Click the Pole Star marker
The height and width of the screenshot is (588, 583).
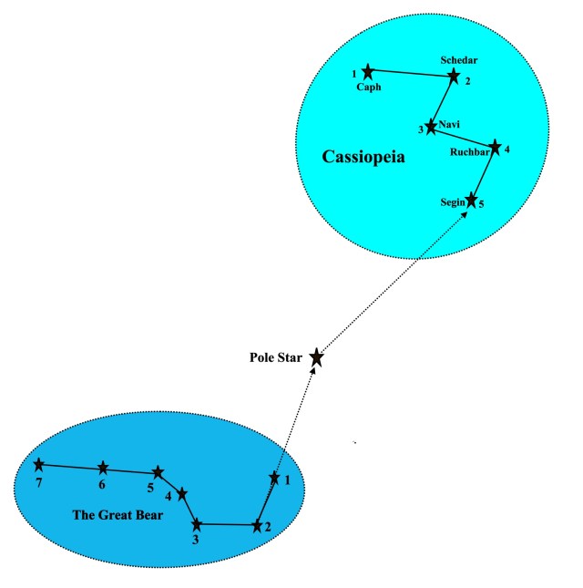point(316,357)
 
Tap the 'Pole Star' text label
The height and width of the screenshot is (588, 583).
point(276,356)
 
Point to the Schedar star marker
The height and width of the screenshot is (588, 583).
point(454,76)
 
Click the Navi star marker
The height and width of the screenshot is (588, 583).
point(431,128)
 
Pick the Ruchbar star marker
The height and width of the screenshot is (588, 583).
point(495,146)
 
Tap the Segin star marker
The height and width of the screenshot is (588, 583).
point(471,200)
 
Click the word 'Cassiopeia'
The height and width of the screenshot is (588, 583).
point(363,158)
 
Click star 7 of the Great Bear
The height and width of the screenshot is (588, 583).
point(38,465)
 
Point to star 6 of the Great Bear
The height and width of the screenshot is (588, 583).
point(103,469)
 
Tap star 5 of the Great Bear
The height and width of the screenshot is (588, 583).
point(158,472)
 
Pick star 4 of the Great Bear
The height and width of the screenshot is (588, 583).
point(181,493)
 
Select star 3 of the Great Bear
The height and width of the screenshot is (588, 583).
point(197,524)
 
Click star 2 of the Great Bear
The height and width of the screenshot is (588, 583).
point(257,525)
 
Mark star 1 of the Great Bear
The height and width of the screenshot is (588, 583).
point(274,477)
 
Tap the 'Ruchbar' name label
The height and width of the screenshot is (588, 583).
point(469,153)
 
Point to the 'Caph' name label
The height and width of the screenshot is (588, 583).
point(368,88)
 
